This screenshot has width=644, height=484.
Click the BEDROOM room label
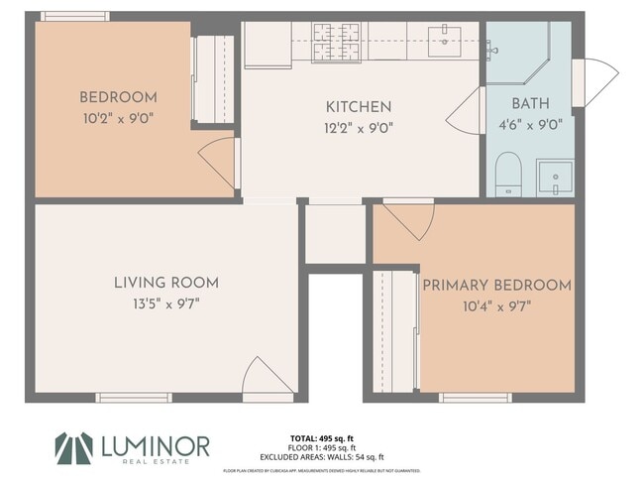point(118,97)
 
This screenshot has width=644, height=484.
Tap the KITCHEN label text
point(359,107)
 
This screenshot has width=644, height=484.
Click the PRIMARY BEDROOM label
point(496,286)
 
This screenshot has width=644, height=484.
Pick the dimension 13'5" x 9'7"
point(165,304)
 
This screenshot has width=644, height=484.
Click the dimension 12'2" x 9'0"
point(359,127)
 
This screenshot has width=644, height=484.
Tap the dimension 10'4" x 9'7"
point(496,305)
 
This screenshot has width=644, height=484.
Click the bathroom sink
point(555,177)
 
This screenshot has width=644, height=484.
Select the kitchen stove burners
point(338,40)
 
